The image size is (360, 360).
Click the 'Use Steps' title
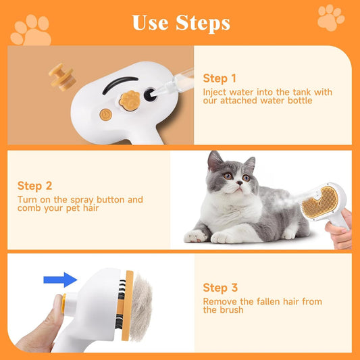(x=180, y=22)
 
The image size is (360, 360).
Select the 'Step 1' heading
(x=220, y=78)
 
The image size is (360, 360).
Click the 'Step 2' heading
(x=35, y=186)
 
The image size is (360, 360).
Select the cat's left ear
(x=215, y=161)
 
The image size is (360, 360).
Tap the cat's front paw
(x=195, y=236)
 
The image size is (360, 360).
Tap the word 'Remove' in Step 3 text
(x=219, y=302)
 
